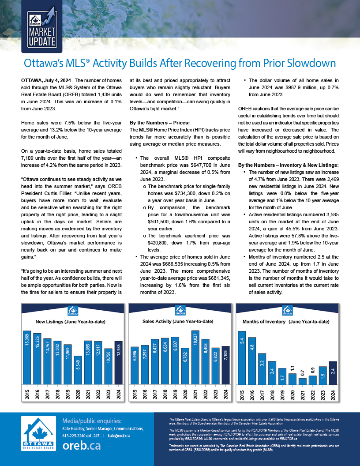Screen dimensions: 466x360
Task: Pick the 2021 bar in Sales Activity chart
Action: tap(195, 357)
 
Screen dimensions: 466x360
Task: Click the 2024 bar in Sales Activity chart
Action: tap(226, 365)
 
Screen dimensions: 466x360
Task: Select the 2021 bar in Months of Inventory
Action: tap(302, 381)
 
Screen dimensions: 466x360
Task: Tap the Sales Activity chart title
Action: tap(178, 321)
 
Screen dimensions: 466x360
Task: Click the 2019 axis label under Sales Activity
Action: tap(176, 394)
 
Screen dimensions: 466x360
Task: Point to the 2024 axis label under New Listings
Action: tap(119, 394)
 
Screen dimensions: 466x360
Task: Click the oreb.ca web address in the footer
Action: tap(82, 445)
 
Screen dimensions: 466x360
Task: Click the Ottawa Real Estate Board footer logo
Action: tap(39, 433)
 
